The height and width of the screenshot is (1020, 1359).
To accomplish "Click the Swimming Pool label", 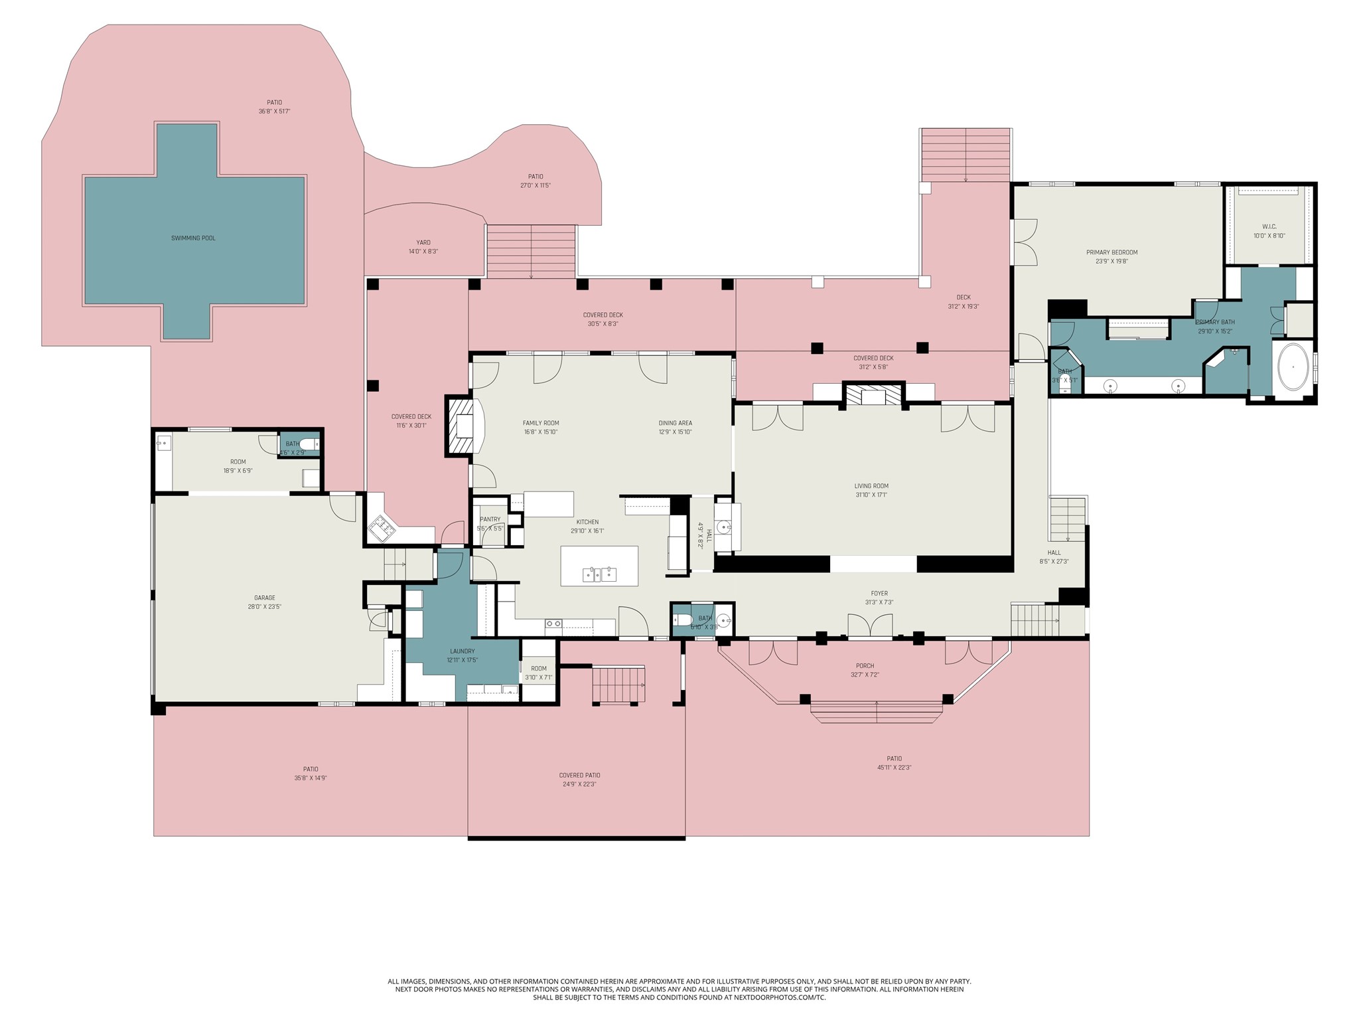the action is pos(193,238).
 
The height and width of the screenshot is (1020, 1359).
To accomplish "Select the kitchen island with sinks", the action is pos(599,566).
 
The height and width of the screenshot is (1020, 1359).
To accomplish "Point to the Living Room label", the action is pos(871,485).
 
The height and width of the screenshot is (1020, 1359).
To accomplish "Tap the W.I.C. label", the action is pos(1269,226).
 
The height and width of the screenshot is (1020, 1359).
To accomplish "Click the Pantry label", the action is pos(490,519).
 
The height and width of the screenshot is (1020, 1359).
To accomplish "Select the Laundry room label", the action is pos(463,651).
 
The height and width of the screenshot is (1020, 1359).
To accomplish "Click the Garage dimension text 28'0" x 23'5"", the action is pos(264,606).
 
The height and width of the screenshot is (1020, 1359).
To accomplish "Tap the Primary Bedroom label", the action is pos(1112,252).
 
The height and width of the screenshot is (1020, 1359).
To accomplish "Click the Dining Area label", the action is pos(676,423).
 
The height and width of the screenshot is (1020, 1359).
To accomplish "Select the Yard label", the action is pos(423,242).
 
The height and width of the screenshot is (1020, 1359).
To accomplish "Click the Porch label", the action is pos(865,665).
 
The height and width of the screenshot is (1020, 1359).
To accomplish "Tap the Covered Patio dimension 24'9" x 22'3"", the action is pos(579,784).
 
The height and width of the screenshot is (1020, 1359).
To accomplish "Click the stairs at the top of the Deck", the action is pos(966,155).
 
